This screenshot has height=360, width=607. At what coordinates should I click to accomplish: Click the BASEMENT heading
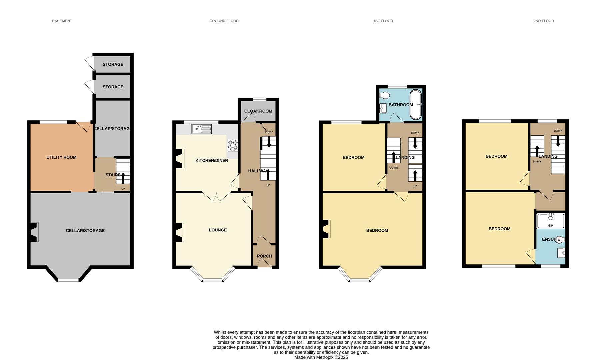pos(62,21)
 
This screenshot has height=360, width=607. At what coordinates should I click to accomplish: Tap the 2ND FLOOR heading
pos(543,21)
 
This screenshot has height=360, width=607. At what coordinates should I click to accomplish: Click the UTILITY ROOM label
pos(61,157)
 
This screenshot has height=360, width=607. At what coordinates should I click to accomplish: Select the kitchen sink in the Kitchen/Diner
pos(201,129)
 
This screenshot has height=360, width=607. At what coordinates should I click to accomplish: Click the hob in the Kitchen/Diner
pos(233,145)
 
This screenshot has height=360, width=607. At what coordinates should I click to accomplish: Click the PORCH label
pos(264,256)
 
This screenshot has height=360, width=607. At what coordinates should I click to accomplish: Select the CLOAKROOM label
pos(258,111)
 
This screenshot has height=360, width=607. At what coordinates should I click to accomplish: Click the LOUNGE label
pos(218,230)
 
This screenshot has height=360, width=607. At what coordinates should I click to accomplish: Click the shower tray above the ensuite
pos(550,221)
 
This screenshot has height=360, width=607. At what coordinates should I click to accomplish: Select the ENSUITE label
pos(551,239)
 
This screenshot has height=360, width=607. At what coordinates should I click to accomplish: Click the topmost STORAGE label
pos(113,64)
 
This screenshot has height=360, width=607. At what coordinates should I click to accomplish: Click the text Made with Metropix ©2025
pos(321,357)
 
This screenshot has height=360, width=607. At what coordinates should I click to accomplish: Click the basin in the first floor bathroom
pos(383,108)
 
